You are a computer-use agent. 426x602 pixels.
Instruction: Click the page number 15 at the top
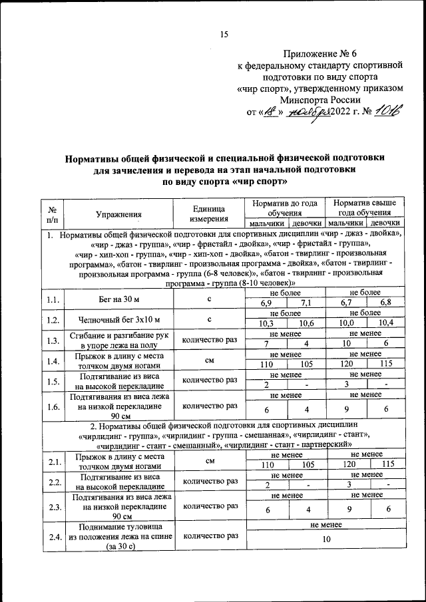click(x=224, y=35)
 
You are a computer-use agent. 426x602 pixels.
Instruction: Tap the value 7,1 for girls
click(x=306, y=305)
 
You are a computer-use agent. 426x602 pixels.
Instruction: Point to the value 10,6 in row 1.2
click(x=306, y=324)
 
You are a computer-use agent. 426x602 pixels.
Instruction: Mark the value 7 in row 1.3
click(x=266, y=344)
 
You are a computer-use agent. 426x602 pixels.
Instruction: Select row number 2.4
click(x=52, y=536)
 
